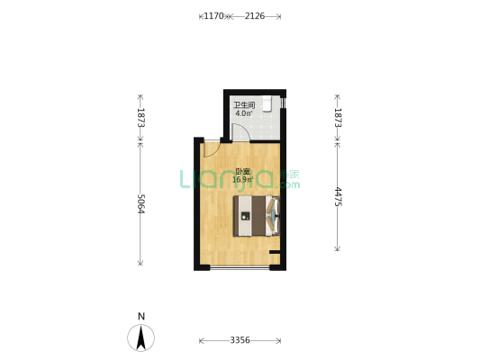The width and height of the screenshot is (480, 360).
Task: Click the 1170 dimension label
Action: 214,16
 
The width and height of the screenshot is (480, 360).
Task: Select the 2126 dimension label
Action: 255,16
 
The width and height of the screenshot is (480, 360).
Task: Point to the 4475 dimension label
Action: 338,198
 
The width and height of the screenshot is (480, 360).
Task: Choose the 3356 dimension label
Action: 240,340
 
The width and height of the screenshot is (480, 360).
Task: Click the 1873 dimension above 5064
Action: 140,117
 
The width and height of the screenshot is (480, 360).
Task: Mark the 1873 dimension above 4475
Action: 338,117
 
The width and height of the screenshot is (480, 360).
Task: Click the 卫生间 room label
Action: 244,105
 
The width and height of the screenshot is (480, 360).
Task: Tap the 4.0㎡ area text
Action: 244,114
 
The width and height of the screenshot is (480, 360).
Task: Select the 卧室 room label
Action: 242,172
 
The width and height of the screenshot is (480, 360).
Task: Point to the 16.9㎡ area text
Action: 242,180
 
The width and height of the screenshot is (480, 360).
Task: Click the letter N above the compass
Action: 141,316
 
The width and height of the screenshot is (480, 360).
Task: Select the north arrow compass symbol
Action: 141,337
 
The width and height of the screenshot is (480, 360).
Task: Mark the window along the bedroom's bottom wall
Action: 240,268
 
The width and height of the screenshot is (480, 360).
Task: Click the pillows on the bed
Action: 274,216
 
